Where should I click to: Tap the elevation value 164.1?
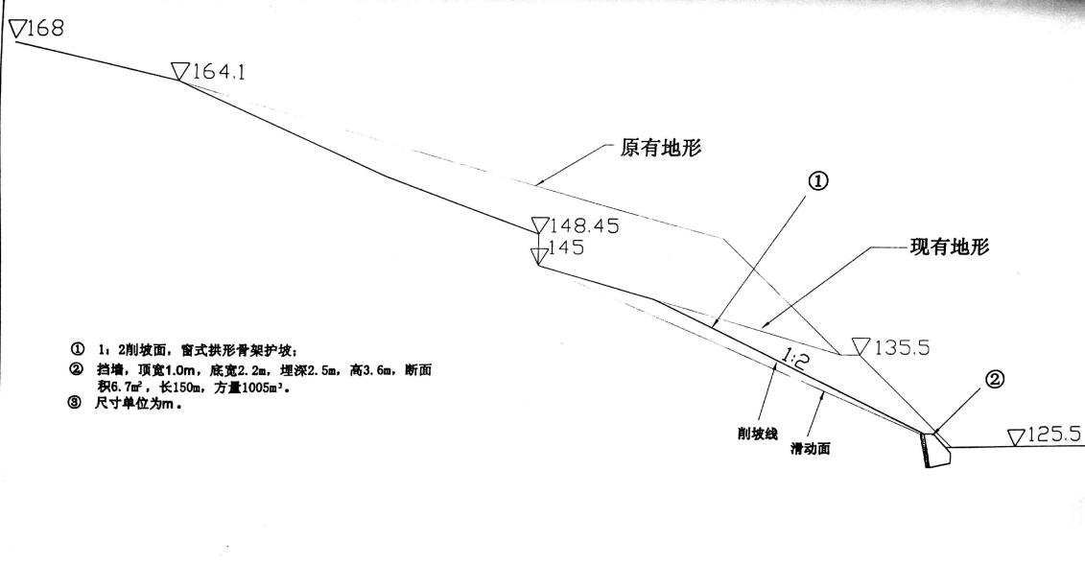pos(220,71)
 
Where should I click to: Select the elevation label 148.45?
pos(586,227)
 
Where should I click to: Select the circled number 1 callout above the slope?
pos(819,181)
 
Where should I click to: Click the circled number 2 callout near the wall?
pos(996,380)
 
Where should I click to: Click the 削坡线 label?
pos(744,432)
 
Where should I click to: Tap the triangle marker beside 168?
pos(19,30)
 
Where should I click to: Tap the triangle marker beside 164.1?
pos(180,71)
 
